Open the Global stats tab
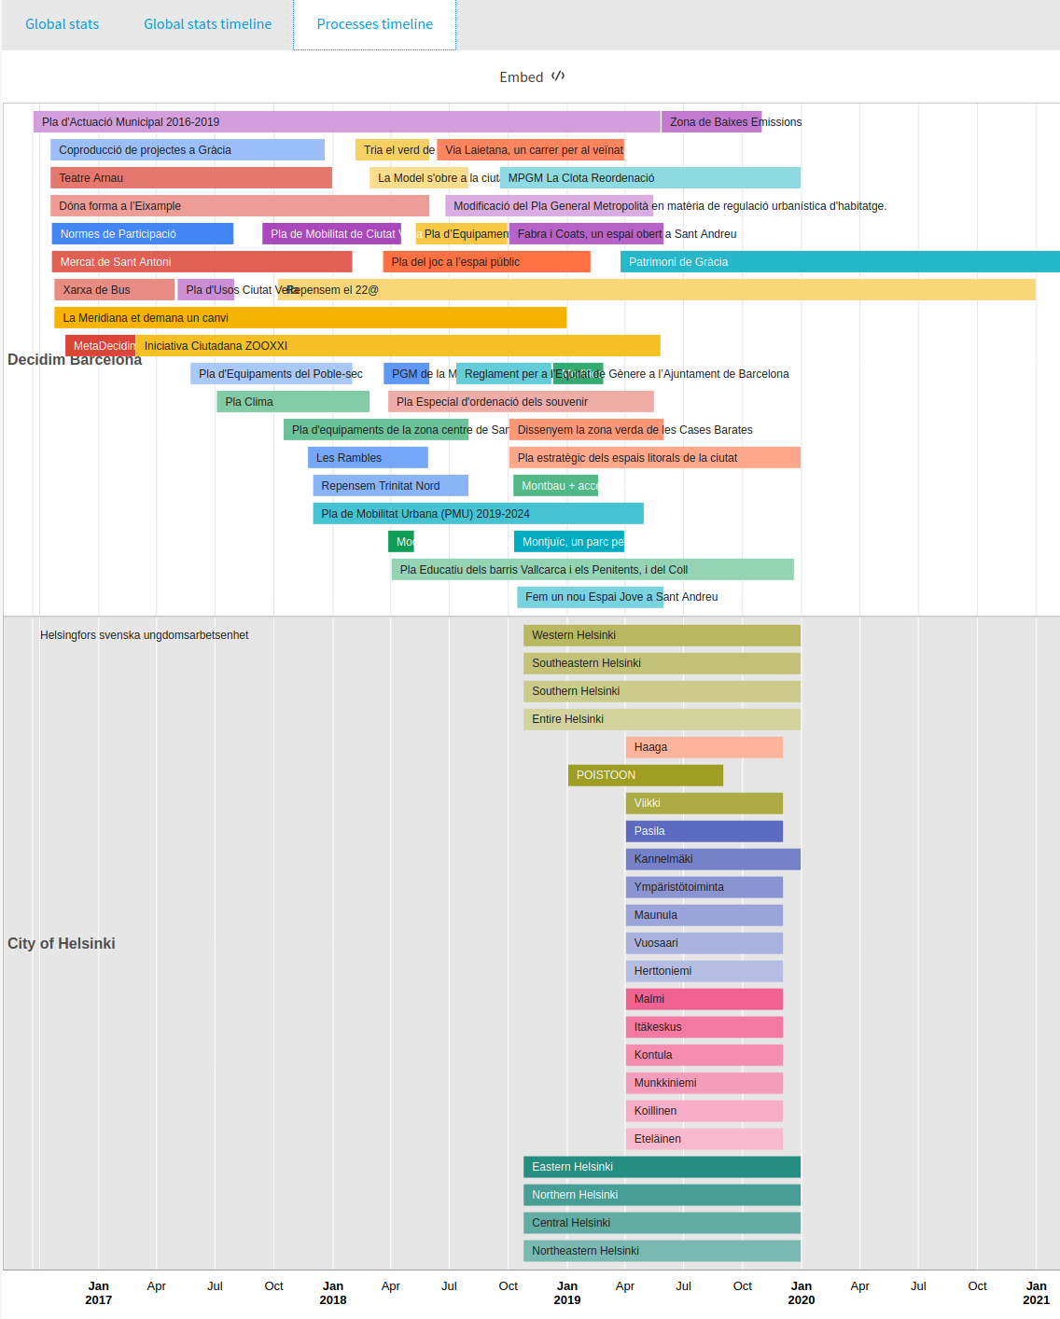[62, 24]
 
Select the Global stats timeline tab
[207, 24]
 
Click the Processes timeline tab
[374, 24]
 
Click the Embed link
[531, 76]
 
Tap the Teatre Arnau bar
[191, 178]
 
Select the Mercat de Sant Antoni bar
[202, 262]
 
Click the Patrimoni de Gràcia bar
[840, 262]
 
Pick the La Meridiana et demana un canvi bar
[310, 318]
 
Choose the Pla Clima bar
[293, 402]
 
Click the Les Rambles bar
[368, 458]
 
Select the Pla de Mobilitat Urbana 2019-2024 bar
[478, 514]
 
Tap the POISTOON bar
[645, 775]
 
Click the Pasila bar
[704, 831]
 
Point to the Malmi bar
[704, 999]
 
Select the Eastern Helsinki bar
[662, 1167]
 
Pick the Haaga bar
[704, 747]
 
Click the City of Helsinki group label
[62, 943]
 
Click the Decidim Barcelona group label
[75, 360]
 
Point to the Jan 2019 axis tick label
[567, 1292]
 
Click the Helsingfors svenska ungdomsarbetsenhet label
[144, 635]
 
